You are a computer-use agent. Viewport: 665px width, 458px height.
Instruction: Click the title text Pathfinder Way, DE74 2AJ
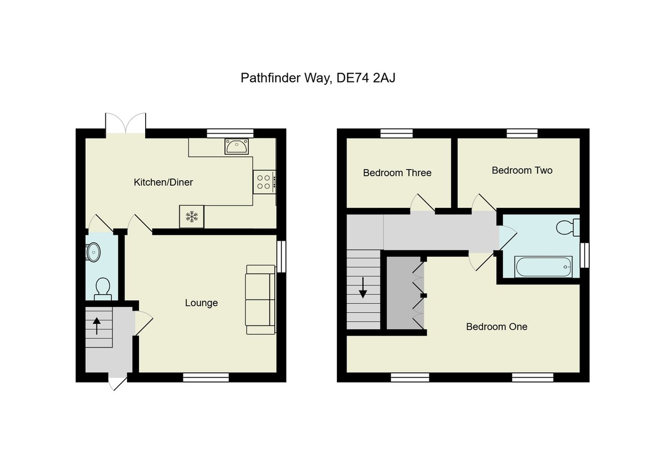pos(318,78)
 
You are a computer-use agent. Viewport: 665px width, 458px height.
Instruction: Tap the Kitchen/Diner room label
pos(163,182)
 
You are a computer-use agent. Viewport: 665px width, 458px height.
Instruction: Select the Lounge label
pos(201,303)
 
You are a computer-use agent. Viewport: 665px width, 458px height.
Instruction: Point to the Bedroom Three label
pos(397,172)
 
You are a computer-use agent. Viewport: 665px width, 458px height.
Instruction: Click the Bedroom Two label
pos(522,170)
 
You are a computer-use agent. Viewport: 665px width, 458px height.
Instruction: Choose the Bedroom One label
pos(497,327)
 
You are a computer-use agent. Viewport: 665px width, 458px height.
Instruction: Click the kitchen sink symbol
pos(237,146)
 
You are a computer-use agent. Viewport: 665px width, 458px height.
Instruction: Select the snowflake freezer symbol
pos(192,216)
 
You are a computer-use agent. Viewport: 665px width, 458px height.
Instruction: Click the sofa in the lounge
pos(260,299)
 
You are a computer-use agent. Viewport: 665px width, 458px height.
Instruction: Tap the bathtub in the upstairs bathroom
pos(544,267)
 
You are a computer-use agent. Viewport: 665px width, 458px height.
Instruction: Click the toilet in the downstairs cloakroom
pos(102,288)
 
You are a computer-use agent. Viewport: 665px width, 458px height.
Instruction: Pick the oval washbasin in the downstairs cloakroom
pos(94,252)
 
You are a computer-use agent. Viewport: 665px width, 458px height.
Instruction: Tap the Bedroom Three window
pos(397,133)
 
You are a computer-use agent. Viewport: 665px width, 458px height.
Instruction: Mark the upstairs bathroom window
pos(584,256)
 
